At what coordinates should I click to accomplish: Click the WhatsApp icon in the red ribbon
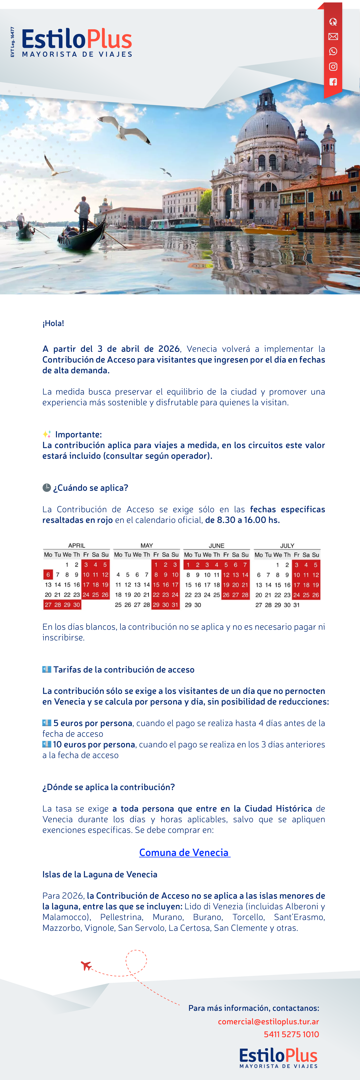[x=333, y=52]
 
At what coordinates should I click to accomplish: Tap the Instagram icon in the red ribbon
[x=333, y=67]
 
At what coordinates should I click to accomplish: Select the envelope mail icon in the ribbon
[x=333, y=36]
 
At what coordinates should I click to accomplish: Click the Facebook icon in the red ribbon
[x=333, y=82]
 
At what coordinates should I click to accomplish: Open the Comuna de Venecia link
[x=184, y=852]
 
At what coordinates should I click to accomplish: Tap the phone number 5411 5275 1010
[x=291, y=1034]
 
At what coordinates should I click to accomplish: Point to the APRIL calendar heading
[x=77, y=545]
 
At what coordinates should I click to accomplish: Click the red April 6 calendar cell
[x=48, y=575]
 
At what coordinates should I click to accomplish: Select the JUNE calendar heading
[x=217, y=545]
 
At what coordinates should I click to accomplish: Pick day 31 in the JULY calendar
[x=297, y=605]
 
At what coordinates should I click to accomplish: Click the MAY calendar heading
[x=147, y=545]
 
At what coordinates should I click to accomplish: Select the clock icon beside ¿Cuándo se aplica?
[x=46, y=488]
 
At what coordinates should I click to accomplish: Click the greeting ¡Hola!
[x=53, y=323]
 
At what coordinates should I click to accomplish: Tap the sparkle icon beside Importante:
[x=47, y=434]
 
